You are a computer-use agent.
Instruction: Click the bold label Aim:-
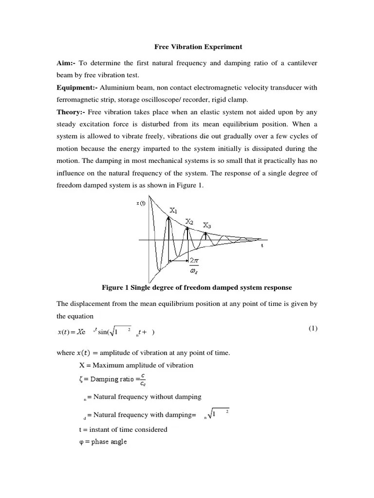coord(67,63)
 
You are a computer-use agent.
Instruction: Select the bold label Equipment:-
coord(77,88)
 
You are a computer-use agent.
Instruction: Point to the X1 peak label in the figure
coord(173,211)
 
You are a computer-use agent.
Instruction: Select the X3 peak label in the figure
coord(207,225)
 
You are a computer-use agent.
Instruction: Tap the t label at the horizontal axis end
coord(262,246)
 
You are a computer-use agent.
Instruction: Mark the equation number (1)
coord(313,328)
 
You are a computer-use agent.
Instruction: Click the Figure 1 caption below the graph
coord(197,287)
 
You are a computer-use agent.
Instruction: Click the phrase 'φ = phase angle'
coord(103,442)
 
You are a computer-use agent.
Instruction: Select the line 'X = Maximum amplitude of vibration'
coord(136,365)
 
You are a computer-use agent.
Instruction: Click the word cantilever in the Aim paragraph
coord(300,63)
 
